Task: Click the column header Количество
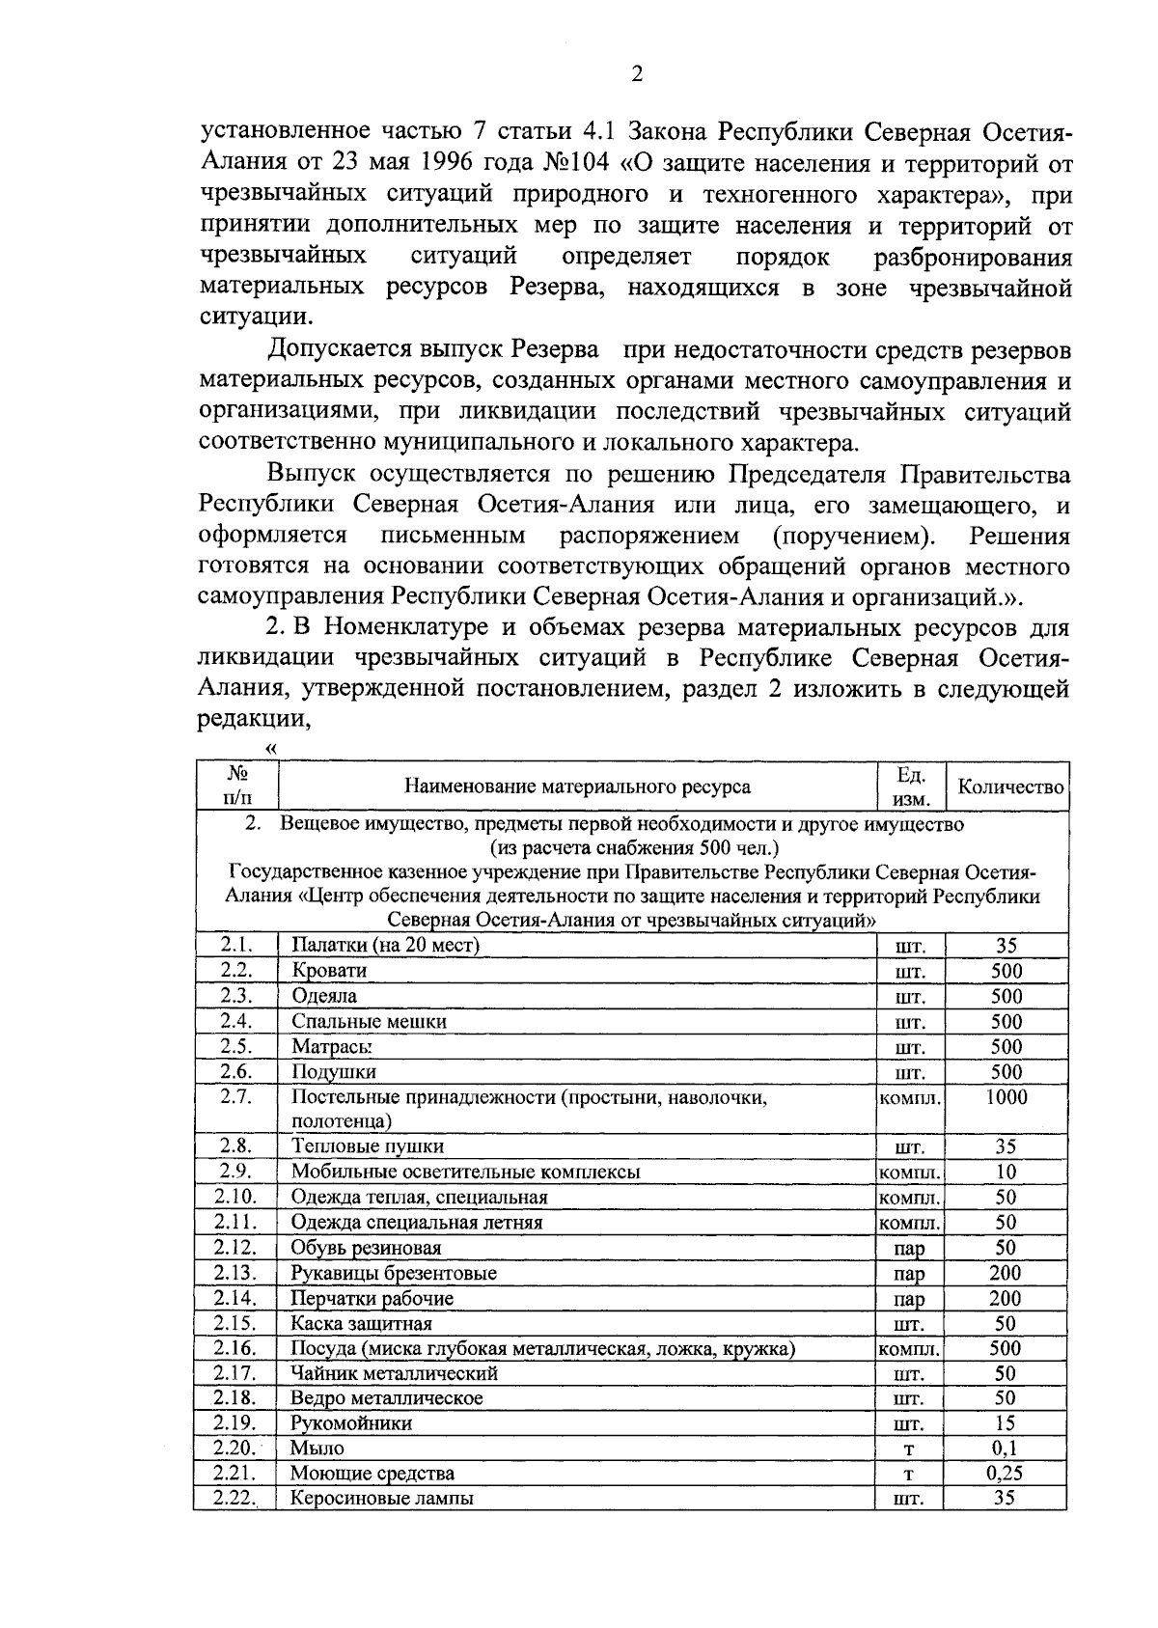coord(1009,786)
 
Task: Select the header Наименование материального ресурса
coord(577,786)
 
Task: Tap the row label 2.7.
coord(235,1096)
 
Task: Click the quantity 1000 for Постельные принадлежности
coord(1006,1096)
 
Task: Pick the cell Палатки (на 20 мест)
coord(385,945)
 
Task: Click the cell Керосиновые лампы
coord(382,1499)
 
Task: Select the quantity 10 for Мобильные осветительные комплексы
coord(1006,1172)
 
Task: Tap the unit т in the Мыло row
coord(908,1449)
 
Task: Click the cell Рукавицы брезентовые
coord(394,1273)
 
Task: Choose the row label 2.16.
coord(235,1348)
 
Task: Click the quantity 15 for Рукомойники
coord(1006,1422)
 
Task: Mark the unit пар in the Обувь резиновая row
coord(908,1249)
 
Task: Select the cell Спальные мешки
coord(369,1021)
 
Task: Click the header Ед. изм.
coord(910,786)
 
